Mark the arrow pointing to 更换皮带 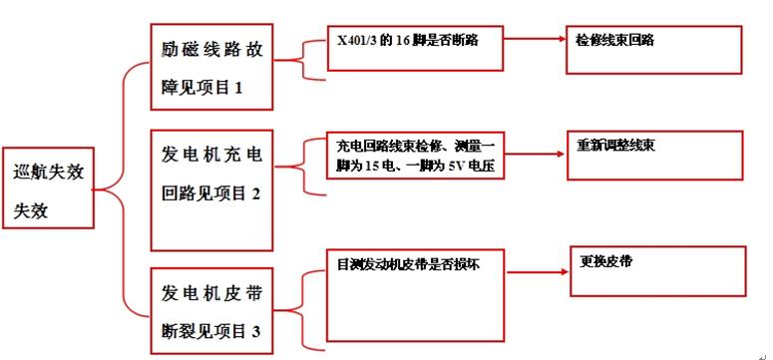537,269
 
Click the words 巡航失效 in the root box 48,172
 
